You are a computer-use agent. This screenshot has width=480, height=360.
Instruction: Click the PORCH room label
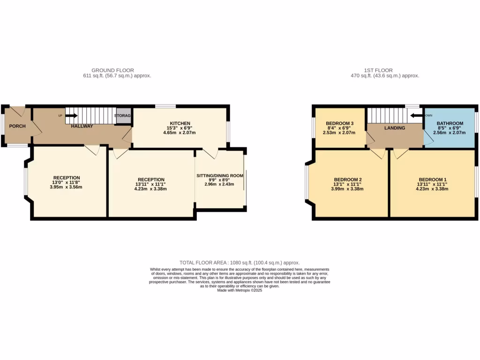point(17,126)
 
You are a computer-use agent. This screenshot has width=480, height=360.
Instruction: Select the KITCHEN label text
point(180,123)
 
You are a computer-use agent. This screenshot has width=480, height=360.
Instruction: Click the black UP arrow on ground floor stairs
point(71,115)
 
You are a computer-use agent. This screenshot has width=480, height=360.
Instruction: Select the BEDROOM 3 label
point(339,123)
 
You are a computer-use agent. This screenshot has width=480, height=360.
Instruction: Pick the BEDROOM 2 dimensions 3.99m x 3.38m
point(347,189)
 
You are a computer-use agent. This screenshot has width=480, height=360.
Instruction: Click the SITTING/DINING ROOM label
point(220,175)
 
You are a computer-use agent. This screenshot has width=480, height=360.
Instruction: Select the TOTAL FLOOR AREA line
point(240,262)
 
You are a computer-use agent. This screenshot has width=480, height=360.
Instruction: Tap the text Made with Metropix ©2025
point(240,291)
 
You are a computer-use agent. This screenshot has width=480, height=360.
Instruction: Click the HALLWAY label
point(82,126)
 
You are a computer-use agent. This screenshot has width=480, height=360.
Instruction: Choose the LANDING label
point(395,127)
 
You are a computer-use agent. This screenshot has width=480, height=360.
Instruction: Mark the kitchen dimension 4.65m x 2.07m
point(180,133)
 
